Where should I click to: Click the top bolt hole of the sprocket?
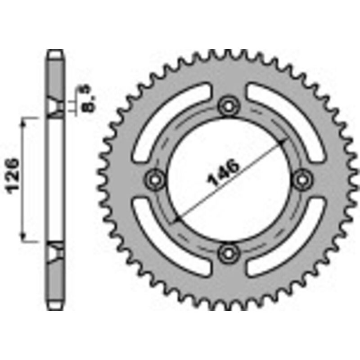pyautogui.click(x=228, y=106)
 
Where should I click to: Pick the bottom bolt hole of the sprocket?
pyautogui.click(x=228, y=253)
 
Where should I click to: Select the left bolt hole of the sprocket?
pyautogui.click(x=156, y=179)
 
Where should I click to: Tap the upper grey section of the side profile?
pyautogui.click(x=56, y=76)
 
